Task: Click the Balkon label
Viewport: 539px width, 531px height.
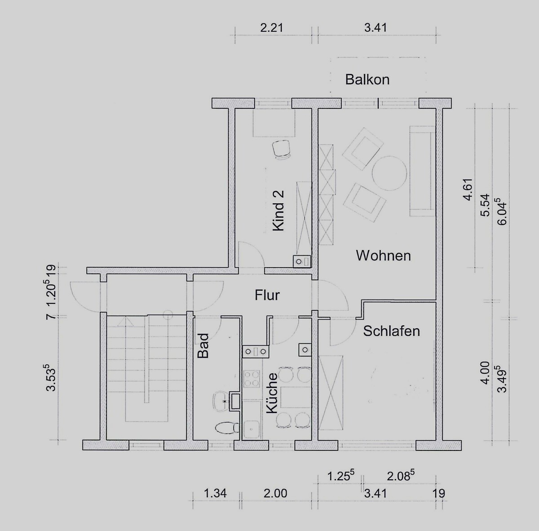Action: (x=367, y=80)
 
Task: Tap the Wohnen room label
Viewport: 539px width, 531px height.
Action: (x=384, y=256)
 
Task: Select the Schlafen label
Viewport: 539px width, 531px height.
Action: (x=392, y=331)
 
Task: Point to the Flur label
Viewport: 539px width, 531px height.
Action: (x=267, y=295)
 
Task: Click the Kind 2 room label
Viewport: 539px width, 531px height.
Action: (x=278, y=211)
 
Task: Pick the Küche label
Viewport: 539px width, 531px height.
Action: (x=272, y=393)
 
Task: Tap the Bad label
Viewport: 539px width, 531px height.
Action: (x=203, y=346)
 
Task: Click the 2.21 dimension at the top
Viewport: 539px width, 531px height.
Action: (x=272, y=28)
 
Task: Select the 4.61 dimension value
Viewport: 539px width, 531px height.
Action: (x=468, y=189)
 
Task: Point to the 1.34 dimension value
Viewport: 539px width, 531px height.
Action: (x=215, y=493)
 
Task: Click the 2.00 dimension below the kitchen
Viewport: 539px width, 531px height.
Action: (x=275, y=493)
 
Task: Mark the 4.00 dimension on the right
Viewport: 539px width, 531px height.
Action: (x=486, y=373)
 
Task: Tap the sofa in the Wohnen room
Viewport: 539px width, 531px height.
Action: (x=422, y=171)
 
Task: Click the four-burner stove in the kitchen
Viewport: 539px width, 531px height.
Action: (x=252, y=378)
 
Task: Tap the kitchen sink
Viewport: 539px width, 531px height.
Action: (x=252, y=428)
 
